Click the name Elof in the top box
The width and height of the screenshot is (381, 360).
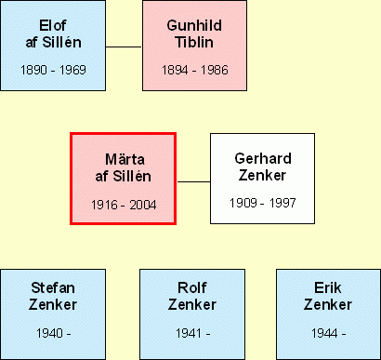coord(53,25)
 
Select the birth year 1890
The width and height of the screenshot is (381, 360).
coord(33,70)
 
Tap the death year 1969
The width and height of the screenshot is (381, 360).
coord(72,70)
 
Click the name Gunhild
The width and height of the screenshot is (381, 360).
coord(194,25)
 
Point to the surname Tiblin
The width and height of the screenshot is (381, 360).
coord(194,42)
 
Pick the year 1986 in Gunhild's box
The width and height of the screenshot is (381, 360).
coord(215,70)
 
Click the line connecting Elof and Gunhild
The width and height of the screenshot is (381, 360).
coord(124,47)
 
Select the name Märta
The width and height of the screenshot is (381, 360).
coord(125,159)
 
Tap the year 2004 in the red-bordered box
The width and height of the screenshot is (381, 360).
coord(143,205)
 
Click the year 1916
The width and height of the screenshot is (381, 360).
coord(104,205)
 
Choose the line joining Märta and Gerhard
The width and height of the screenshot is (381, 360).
coord(193,181)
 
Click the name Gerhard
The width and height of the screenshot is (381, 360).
coord(263,158)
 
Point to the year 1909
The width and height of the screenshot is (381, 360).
coord(243,203)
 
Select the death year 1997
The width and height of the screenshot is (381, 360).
coord(282,203)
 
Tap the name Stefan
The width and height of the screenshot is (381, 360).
coord(53,287)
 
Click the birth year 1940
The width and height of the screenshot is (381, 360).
coord(49,333)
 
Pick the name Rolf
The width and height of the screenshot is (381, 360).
coord(192,287)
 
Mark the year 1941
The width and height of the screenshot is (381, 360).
coord(189,333)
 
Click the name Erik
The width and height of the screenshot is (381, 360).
coord(328,287)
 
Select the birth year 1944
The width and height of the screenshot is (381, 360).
coord(324,333)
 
